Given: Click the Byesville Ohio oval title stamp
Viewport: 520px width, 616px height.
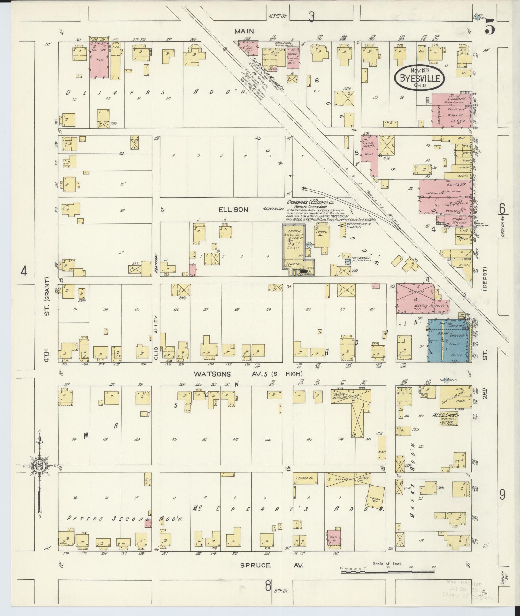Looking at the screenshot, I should [x=420, y=78].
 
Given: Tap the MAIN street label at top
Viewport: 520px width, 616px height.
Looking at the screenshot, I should [x=244, y=31].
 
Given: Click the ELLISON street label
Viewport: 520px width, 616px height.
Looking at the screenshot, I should [x=233, y=210].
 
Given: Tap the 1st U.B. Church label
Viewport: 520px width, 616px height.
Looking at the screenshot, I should [x=448, y=415].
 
